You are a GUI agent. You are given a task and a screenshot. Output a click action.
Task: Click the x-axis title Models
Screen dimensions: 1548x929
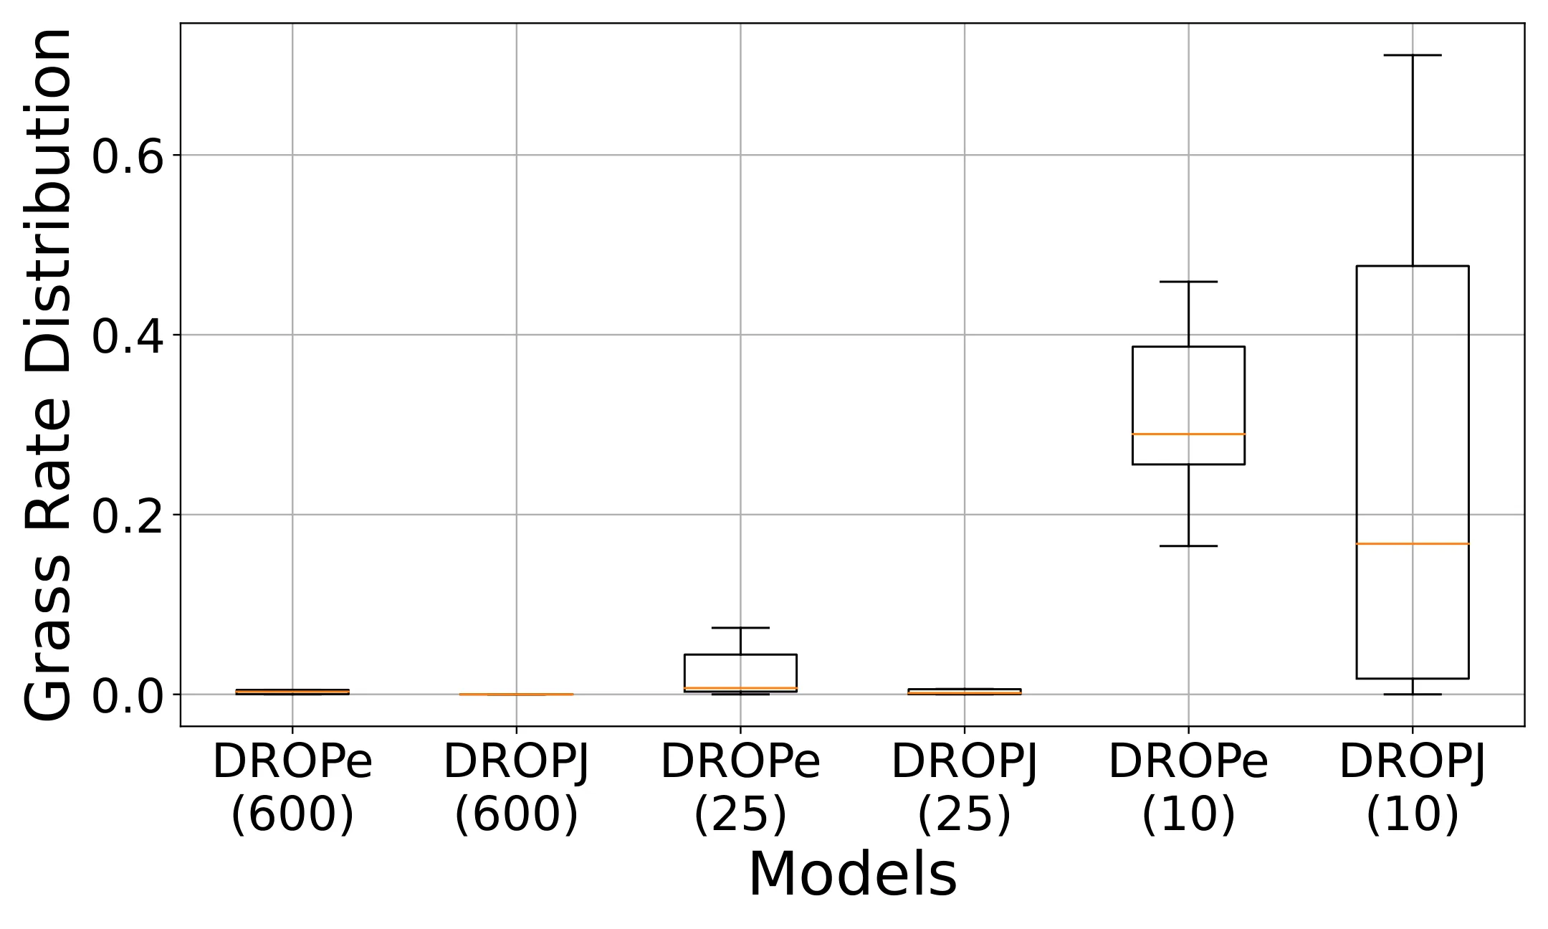(x=852, y=875)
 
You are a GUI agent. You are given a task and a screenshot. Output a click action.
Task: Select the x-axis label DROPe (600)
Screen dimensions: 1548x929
(x=292, y=789)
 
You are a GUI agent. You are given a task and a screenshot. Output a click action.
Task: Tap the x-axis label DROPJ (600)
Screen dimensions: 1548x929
(x=517, y=789)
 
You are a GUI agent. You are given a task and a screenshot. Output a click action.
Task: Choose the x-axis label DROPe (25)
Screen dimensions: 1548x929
(x=740, y=789)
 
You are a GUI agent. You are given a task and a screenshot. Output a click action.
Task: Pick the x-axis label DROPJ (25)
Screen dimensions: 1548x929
(x=965, y=789)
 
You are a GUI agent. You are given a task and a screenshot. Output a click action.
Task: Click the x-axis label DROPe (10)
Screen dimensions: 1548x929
(x=1188, y=789)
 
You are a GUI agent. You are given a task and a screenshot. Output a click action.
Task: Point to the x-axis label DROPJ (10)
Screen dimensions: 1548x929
(x=1413, y=789)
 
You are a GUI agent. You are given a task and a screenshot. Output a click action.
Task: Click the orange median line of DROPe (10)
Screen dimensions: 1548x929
(x=1188, y=434)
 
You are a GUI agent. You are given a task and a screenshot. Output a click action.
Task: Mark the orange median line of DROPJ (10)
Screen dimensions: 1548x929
(x=1413, y=543)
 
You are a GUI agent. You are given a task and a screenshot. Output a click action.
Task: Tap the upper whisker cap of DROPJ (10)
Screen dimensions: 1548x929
(x=1413, y=55)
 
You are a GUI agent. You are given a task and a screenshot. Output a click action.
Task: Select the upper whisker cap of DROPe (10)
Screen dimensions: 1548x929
(x=1188, y=282)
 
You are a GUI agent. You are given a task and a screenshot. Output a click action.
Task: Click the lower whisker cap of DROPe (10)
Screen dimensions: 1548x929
(x=1188, y=546)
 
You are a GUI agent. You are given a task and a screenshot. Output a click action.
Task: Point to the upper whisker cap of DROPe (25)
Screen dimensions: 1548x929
(x=740, y=628)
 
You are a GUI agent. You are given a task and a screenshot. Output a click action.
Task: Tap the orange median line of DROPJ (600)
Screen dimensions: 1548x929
(x=517, y=694)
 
